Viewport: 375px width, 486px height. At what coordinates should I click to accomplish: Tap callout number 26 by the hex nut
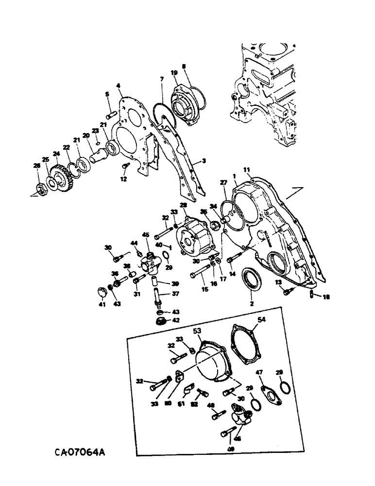click(37, 166)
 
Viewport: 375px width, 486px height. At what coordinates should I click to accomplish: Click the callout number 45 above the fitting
click(145, 235)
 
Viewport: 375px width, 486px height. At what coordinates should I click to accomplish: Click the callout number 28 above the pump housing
click(184, 206)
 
